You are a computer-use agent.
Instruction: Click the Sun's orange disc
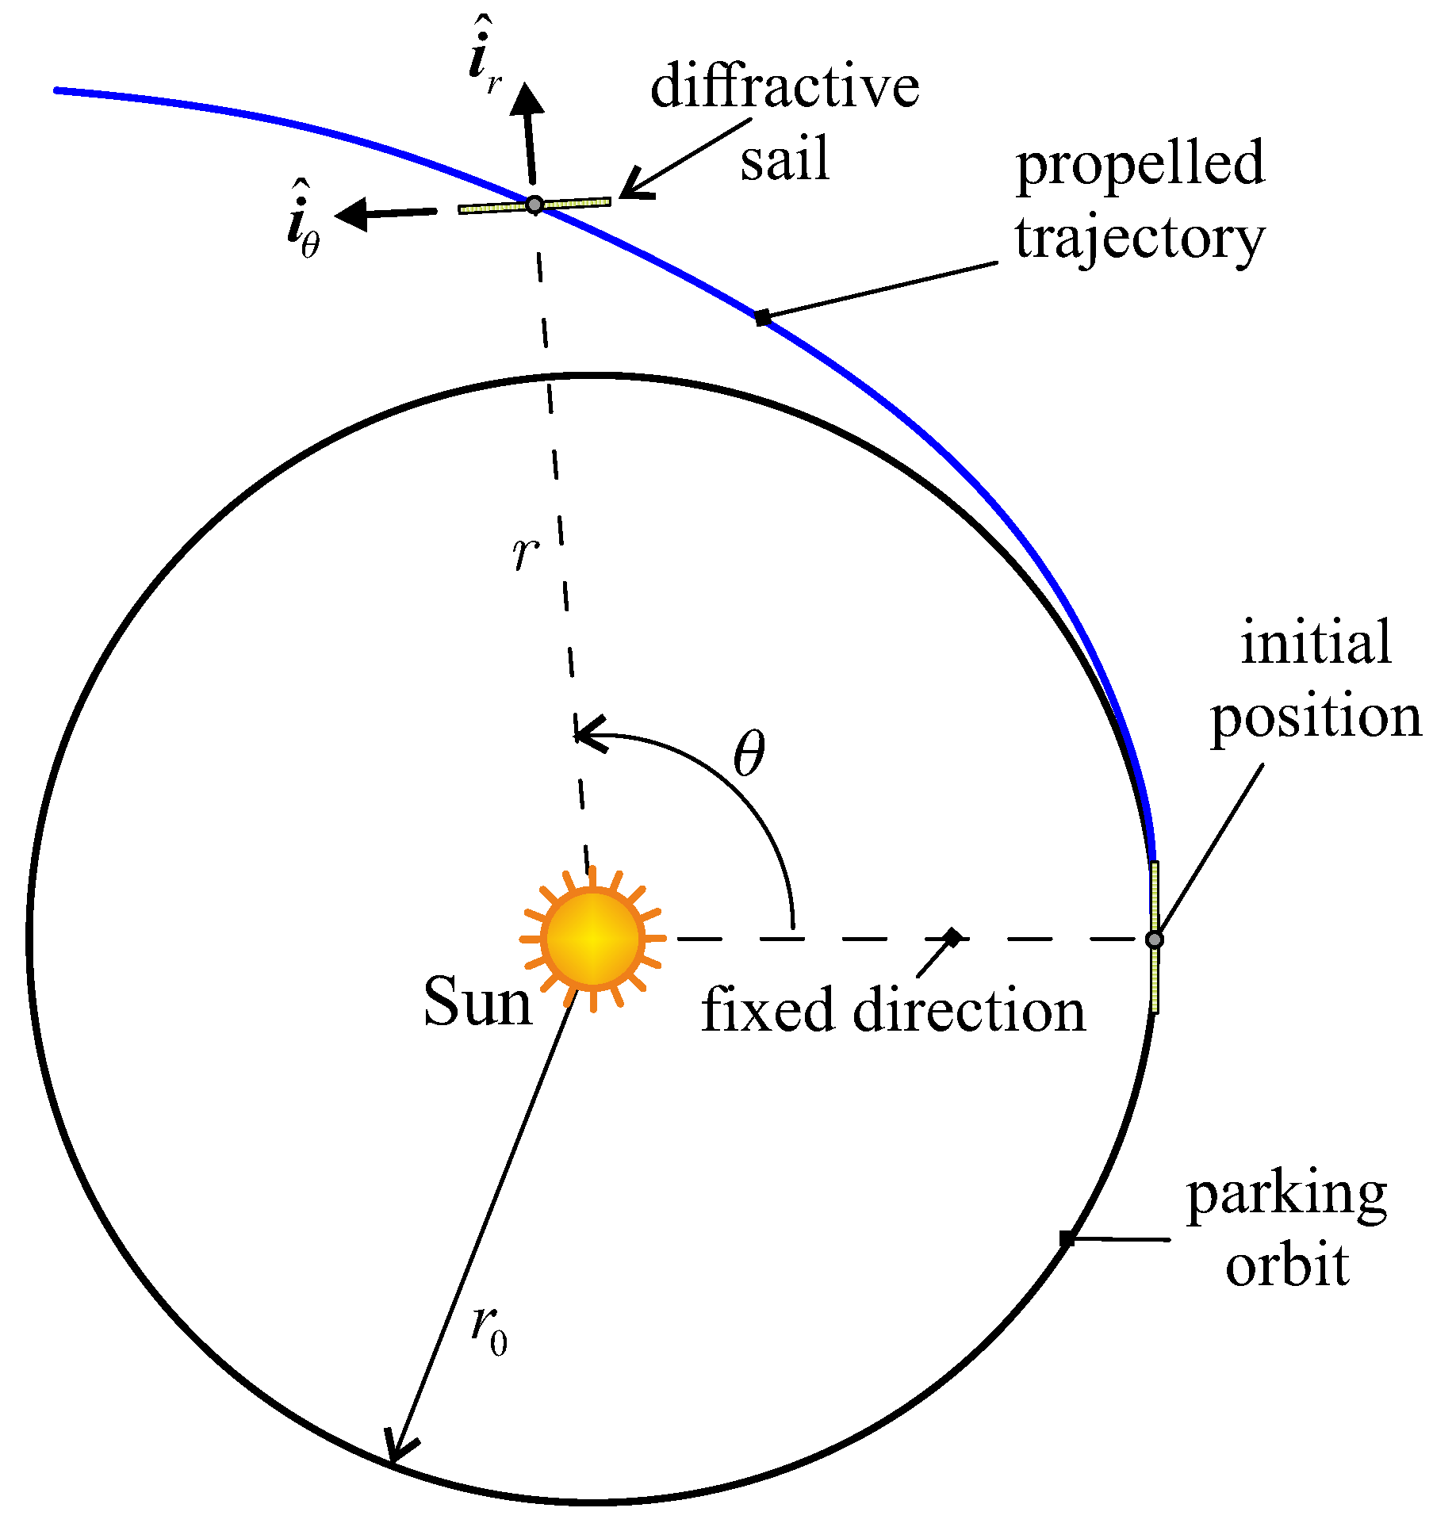(592, 939)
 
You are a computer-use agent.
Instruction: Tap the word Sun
(477, 1002)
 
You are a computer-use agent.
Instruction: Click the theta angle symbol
(749, 754)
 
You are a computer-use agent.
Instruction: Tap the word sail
(784, 159)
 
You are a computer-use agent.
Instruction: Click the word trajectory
(1140, 238)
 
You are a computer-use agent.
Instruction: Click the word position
(1316, 718)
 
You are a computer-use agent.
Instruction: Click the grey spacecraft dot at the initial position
(1155, 940)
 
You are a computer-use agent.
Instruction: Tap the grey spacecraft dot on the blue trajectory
(535, 205)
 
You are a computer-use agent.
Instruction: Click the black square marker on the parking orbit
(1067, 1238)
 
